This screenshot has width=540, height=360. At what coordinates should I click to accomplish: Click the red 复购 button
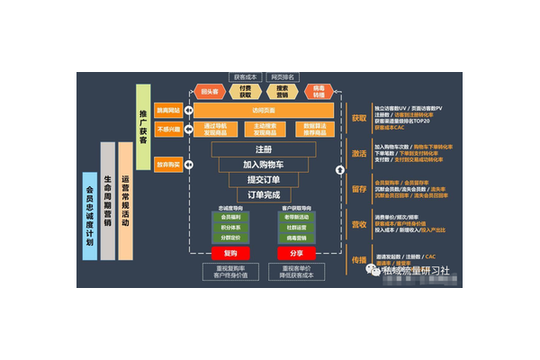tap(229, 254)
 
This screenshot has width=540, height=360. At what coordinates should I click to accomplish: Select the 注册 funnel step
tap(263, 148)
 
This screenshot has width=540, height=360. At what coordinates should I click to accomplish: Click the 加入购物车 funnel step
tap(263, 164)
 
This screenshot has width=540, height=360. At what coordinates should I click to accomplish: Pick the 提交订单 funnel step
tap(263, 179)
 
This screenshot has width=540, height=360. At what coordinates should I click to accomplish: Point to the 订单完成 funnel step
tap(263, 194)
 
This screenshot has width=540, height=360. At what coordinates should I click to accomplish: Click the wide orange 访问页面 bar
tap(264, 110)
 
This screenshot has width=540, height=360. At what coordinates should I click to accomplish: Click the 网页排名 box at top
tap(283, 76)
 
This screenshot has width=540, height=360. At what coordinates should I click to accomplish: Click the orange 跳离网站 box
tap(169, 110)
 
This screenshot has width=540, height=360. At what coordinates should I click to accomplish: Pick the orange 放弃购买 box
tap(169, 165)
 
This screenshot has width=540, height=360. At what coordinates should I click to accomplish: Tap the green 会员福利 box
tap(229, 217)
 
